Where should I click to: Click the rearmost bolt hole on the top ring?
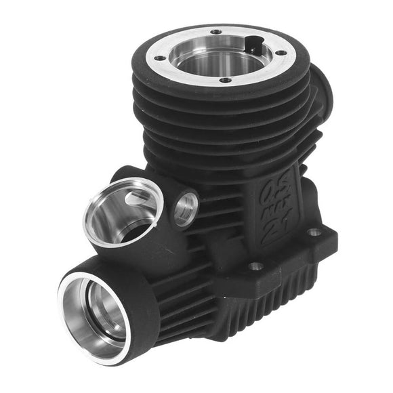(215, 31)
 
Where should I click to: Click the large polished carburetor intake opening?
(122, 210)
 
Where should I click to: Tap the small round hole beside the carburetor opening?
(184, 208)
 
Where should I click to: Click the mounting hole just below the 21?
(255, 266)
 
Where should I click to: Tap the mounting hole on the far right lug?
(314, 232)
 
